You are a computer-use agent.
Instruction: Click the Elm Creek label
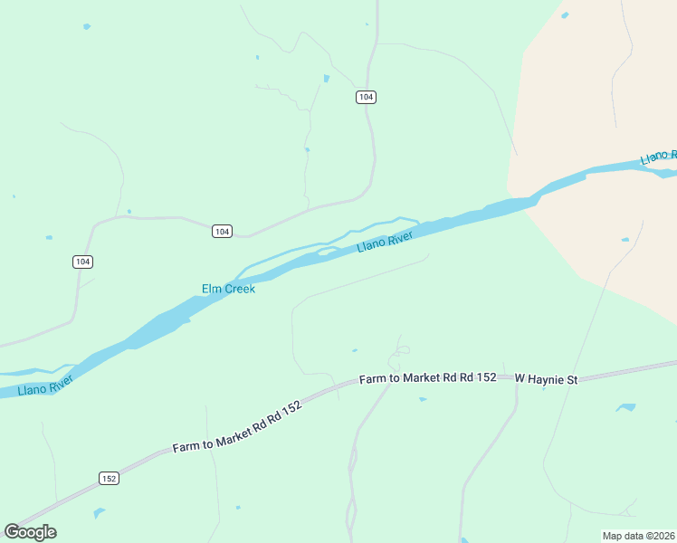coord(228,289)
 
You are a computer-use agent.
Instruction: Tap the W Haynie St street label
coord(546,378)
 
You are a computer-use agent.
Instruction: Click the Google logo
coord(30,532)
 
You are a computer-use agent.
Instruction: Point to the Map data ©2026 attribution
coord(638,536)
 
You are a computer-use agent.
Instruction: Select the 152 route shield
coord(109,478)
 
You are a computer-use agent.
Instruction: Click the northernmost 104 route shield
coord(366,97)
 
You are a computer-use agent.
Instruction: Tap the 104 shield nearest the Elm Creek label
coord(222,232)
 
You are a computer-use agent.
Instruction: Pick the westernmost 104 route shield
coord(83,262)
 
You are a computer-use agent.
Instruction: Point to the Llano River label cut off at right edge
coord(658,157)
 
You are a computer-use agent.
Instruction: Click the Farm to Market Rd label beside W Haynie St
coord(427,378)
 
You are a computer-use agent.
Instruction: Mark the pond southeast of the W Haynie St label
coord(625,407)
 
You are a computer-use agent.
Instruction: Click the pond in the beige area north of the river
coord(565,15)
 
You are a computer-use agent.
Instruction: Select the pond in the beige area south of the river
coord(625,240)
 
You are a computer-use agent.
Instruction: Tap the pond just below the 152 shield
coord(99,513)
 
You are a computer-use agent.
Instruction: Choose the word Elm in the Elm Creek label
coord(211,289)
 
